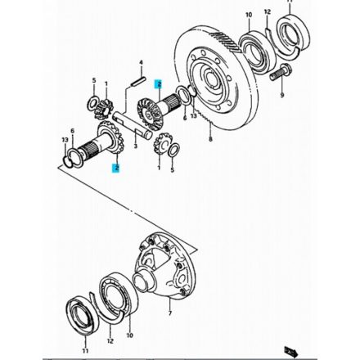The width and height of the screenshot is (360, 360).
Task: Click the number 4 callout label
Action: [141, 62]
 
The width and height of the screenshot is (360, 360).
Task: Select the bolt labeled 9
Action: [280, 73]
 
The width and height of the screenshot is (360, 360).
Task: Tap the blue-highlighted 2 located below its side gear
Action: [116, 169]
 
